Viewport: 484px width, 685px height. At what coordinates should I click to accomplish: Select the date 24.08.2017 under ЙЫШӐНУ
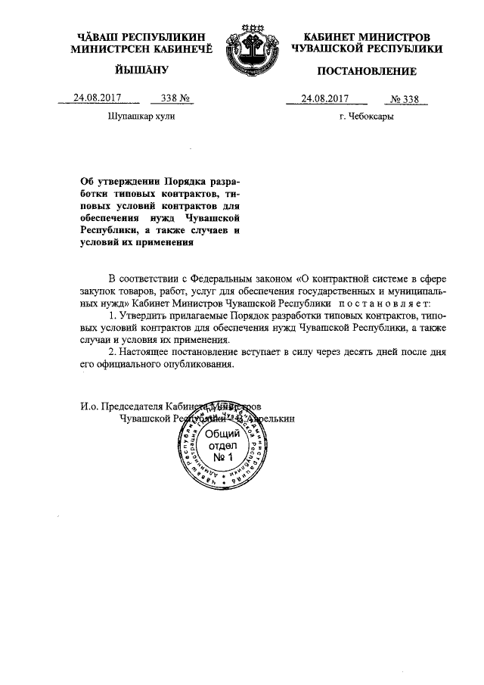pos(97,98)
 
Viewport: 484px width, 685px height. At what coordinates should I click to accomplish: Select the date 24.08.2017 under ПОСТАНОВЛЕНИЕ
pos(324,98)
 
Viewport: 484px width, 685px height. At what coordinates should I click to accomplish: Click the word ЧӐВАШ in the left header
pos(104,37)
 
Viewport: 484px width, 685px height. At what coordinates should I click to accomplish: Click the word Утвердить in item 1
pos(143,314)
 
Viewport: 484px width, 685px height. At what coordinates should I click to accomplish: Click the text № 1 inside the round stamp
pos(224,459)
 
